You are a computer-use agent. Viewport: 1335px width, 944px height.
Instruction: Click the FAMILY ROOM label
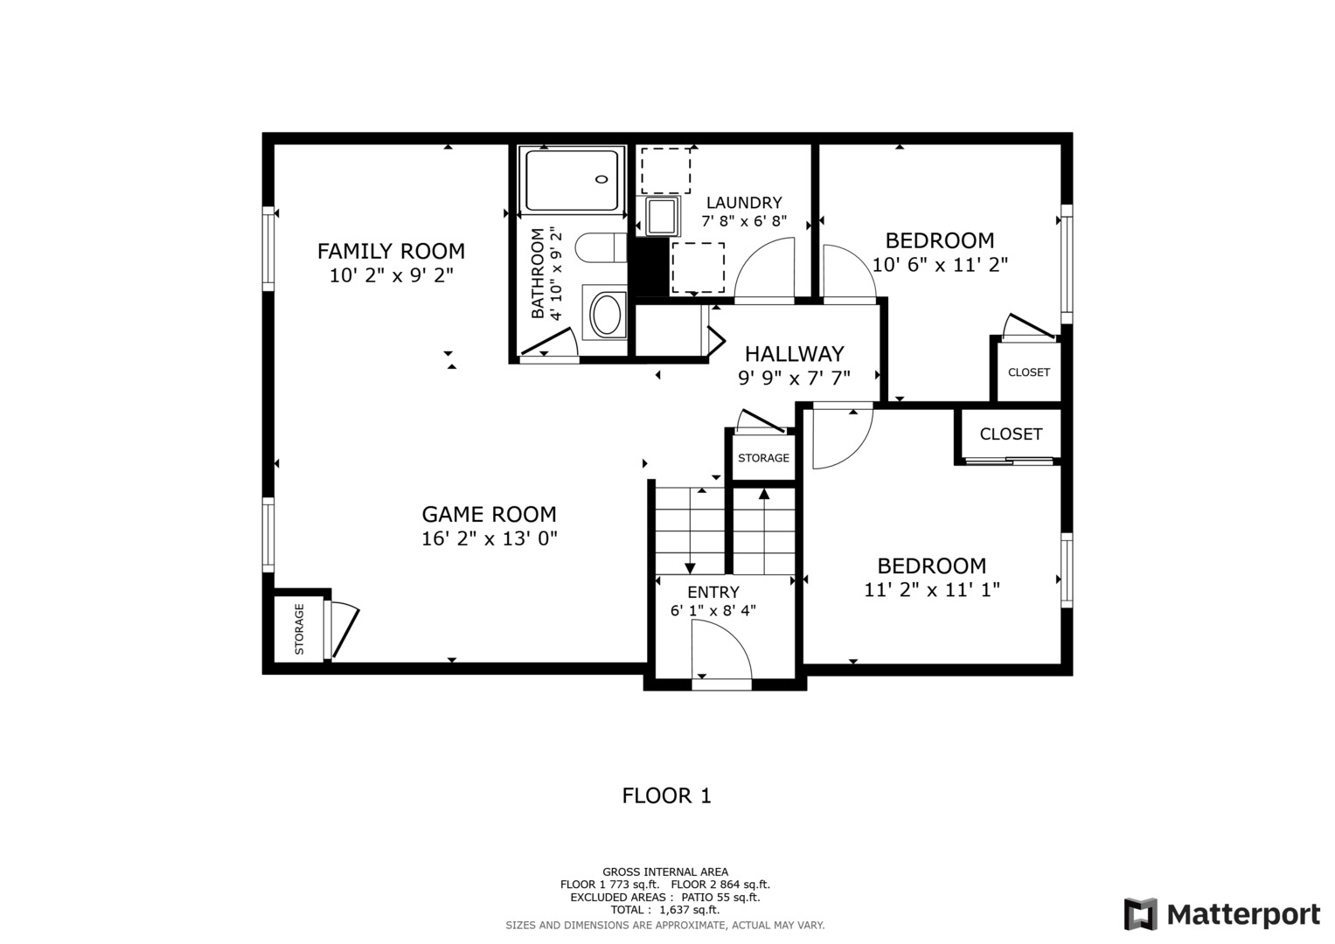[391, 252]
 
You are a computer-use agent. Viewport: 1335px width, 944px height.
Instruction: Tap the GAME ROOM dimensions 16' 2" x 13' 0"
[489, 538]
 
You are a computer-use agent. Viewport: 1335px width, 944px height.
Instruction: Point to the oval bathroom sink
[606, 315]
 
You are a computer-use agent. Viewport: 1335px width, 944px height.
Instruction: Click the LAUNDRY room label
[744, 203]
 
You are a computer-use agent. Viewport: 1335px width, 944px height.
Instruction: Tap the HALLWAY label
[794, 354]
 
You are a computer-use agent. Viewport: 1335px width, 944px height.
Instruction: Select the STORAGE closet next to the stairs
[763, 458]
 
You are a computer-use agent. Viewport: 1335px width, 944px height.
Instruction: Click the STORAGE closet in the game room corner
[299, 629]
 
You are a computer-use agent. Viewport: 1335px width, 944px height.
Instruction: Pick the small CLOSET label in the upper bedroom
[1028, 372]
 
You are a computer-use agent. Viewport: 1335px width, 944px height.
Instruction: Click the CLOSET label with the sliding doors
[1011, 434]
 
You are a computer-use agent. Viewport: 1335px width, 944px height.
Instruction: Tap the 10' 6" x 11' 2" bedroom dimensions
[940, 265]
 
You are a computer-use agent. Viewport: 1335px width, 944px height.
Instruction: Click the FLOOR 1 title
[666, 796]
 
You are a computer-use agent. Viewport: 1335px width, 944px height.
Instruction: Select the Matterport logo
[1221, 914]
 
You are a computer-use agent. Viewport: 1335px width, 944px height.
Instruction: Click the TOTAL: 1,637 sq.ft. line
[664, 910]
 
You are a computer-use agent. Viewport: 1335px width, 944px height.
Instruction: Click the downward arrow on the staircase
[690, 568]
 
